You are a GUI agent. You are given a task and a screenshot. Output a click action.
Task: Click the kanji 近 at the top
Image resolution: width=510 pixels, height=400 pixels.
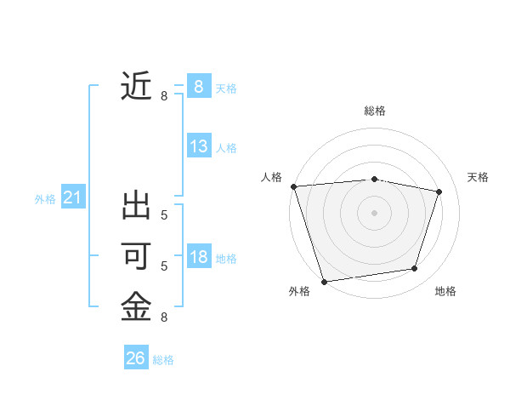[136, 87]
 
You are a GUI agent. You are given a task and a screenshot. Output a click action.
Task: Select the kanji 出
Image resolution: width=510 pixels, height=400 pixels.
[136, 207]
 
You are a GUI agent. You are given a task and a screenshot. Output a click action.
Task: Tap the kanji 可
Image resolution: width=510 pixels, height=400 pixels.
[136, 256]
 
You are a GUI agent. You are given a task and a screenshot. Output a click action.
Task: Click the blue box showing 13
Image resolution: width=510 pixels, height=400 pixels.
[199, 146]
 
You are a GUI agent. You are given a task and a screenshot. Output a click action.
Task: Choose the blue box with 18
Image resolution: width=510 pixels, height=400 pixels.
[199, 257]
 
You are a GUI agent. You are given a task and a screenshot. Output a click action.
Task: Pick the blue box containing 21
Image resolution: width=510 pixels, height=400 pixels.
[72, 198]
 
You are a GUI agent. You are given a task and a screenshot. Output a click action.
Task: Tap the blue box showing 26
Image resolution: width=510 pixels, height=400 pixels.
[135, 358]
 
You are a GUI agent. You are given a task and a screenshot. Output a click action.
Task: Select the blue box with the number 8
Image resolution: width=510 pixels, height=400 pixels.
[198, 86]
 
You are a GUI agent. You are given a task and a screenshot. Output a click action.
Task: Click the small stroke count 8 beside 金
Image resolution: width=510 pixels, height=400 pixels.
[164, 317]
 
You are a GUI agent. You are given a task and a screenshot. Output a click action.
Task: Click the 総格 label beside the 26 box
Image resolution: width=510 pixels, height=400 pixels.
[163, 360]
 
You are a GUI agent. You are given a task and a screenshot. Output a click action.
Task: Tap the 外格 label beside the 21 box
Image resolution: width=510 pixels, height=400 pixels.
[45, 199]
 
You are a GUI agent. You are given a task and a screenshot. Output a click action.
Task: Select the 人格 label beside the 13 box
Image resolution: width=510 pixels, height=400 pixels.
[226, 148]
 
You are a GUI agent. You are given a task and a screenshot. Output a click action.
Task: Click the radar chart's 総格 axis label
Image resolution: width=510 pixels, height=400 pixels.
[375, 111]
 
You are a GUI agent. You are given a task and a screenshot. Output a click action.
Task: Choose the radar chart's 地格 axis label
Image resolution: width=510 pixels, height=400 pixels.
[445, 292]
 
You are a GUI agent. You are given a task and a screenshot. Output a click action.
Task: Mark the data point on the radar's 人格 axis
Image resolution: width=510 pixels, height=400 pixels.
[293, 186]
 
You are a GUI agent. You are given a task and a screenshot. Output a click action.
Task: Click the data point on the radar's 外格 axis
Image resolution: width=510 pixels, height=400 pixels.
[324, 281]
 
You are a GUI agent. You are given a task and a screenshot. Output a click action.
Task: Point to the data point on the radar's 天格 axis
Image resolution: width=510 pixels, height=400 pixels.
[439, 191]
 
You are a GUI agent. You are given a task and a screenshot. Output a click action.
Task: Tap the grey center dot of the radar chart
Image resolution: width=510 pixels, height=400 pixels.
[374, 213]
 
